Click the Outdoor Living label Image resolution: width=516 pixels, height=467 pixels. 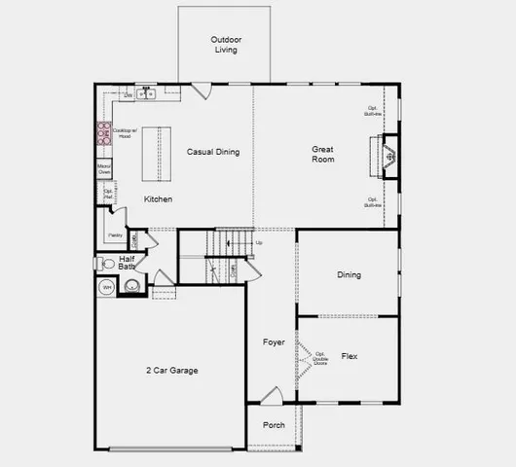pos(226,45)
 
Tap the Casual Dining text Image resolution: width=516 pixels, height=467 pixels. pos(213,152)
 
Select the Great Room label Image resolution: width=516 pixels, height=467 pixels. pos(323,154)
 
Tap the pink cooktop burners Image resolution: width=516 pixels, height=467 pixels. pos(102,134)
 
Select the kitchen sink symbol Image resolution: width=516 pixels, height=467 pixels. pos(147,94)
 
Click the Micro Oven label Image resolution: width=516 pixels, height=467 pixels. pos(105,169)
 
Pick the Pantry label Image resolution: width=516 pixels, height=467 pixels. pos(115,234)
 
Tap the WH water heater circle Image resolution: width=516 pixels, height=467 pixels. pos(106,288)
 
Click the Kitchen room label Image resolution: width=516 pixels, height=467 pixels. pos(158,198)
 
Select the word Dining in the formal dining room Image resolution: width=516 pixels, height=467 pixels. pos(349,275)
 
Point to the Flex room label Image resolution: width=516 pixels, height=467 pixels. pos(349,356)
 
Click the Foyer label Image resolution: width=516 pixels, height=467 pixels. pos(274,342)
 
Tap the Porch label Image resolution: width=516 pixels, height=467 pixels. pos(274,424)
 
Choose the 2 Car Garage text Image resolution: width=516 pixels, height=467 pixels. pos(171,370)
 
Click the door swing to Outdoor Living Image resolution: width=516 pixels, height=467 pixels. pos(203,90)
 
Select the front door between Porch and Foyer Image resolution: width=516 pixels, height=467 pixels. pos(272,397)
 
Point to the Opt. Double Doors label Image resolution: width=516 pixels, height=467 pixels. pos(319,358)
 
